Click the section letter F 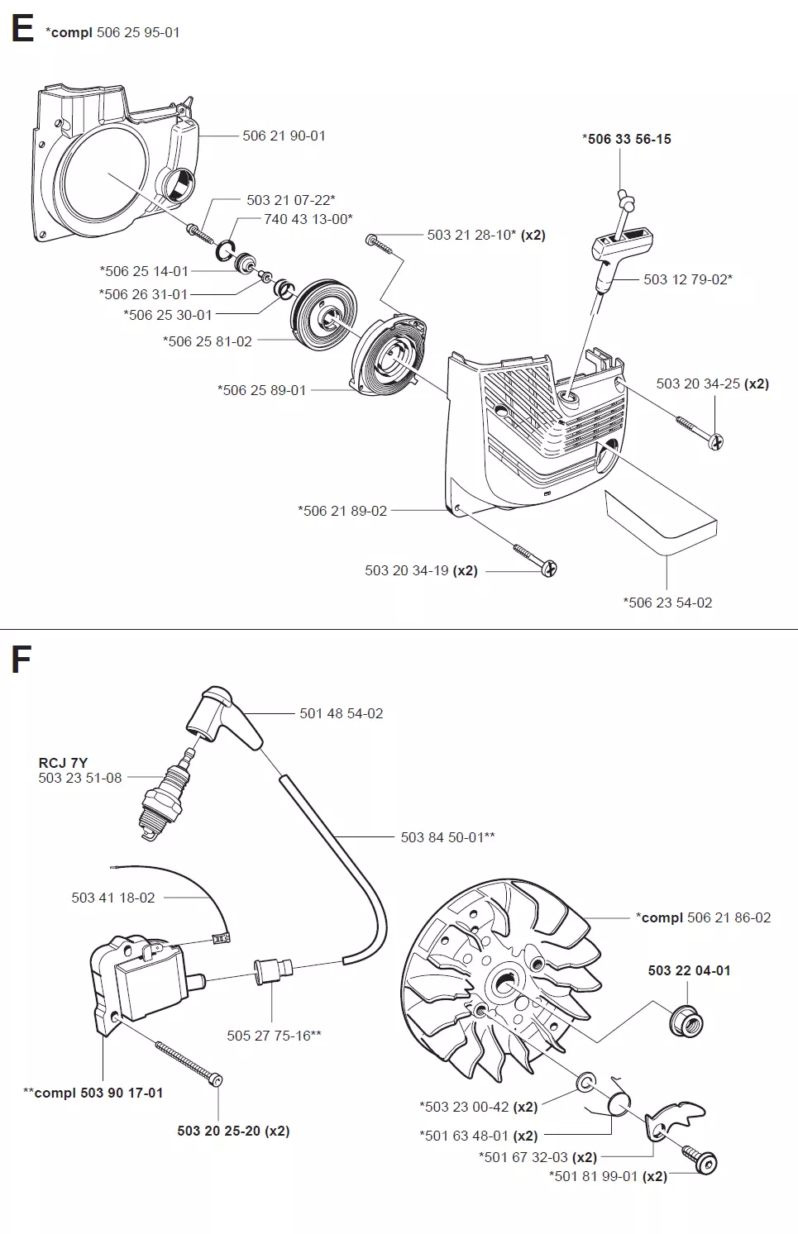22,660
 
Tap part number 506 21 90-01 284,136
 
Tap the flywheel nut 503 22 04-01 686,1022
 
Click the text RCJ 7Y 63,762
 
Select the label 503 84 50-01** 447,836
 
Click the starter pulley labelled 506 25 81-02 324,315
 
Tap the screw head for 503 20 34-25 716,441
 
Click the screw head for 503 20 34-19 549,569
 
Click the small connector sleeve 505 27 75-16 274,972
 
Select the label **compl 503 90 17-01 93,1093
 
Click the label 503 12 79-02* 688,279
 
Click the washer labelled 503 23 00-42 585,1081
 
